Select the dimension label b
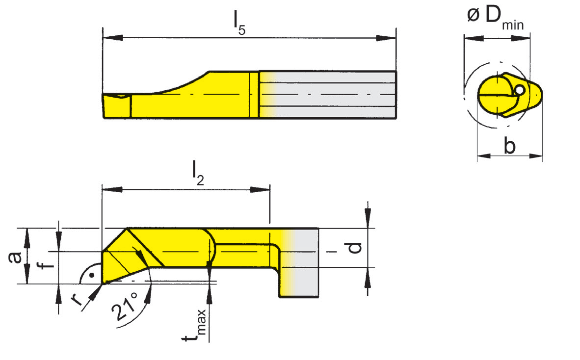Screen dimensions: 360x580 pos(510,146)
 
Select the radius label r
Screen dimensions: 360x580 pos(77,299)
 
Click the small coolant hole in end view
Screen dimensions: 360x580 pos(519,90)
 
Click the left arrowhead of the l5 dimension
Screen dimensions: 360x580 pos(109,38)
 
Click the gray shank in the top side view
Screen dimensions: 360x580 pos(334,94)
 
